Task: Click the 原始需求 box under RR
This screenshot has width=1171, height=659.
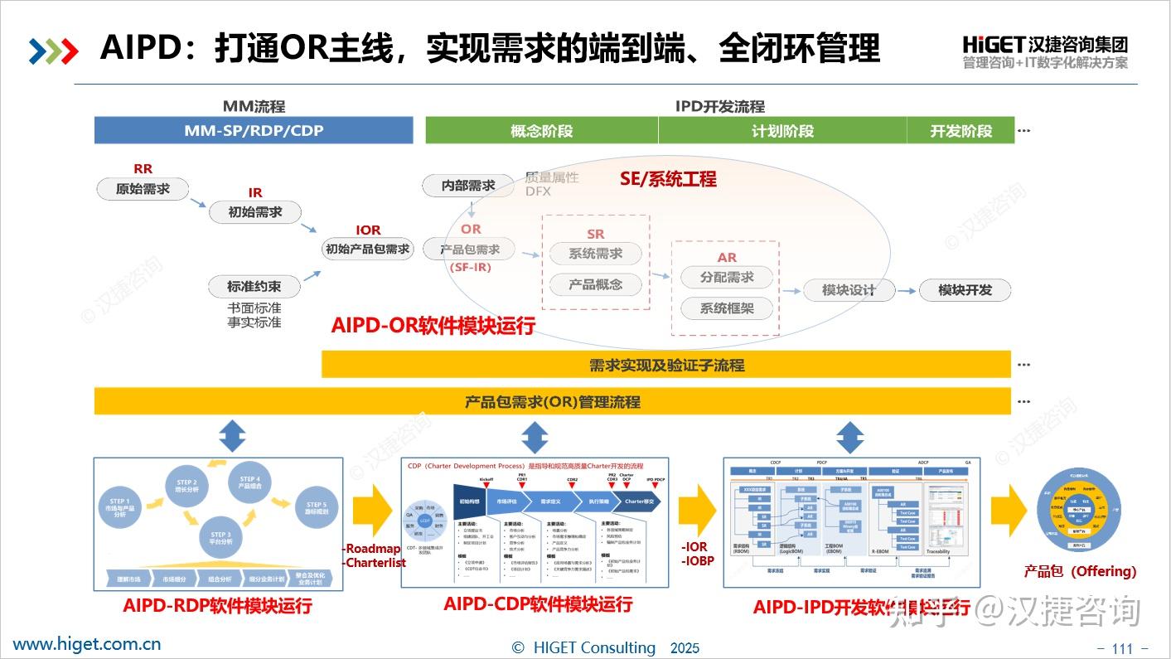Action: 143,189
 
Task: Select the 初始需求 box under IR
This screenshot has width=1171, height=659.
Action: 255,212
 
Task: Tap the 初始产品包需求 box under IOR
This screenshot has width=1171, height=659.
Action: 368,249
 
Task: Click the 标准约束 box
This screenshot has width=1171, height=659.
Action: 254,287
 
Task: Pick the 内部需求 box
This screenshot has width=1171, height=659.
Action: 469,186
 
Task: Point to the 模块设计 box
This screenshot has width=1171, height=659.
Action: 849,290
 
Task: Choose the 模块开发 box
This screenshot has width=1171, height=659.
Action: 965,290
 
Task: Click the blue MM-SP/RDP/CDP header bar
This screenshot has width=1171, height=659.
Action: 254,131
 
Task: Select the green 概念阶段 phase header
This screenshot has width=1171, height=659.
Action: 541,131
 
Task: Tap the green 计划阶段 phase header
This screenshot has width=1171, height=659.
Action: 782,131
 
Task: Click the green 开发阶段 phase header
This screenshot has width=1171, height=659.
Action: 961,131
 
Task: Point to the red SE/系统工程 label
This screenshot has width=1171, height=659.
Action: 668,179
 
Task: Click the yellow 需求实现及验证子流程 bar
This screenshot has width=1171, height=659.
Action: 666,365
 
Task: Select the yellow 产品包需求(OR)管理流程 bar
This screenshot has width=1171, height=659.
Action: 552,402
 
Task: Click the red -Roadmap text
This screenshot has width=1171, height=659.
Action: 371,549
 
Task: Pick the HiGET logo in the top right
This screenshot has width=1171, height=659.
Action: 1045,51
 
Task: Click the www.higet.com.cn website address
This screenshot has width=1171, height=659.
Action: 87,644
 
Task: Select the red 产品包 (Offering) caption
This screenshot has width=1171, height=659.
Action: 1080,571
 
